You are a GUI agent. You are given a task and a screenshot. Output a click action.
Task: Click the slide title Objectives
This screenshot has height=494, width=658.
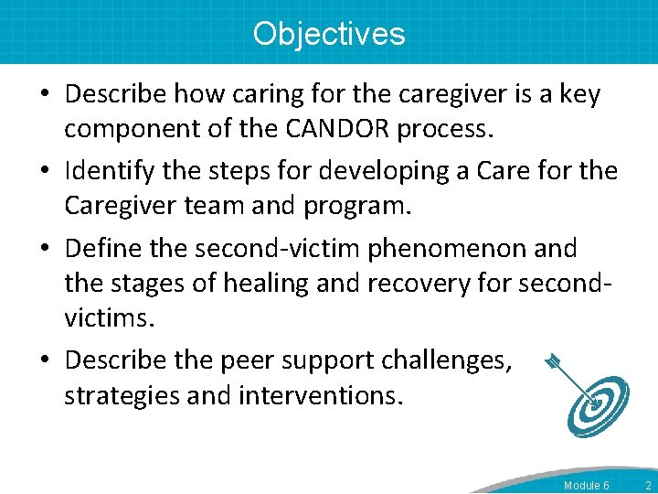coord(329,34)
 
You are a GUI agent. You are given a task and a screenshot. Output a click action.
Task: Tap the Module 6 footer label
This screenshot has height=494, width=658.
coord(586,485)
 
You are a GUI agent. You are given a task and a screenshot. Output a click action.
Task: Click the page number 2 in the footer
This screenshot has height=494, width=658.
coord(647,485)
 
